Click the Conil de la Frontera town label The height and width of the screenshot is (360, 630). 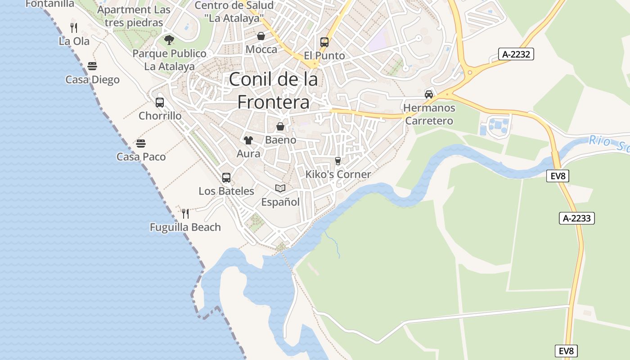tap(274, 91)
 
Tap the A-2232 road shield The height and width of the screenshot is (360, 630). tap(516, 54)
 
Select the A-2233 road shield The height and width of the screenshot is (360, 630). tap(576, 218)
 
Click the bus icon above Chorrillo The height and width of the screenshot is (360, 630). tap(160, 103)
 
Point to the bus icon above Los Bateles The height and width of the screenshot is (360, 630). tap(226, 178)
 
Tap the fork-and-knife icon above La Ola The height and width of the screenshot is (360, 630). tap(74, 28)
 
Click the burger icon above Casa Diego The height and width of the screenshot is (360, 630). tap(92, 67)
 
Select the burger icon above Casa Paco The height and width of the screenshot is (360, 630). tap(141, 144)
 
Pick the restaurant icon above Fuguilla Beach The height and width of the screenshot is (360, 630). tap(185, 213)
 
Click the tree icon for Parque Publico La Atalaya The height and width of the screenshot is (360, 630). tap(169, 40)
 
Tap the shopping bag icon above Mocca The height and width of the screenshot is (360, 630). tap(261, 36)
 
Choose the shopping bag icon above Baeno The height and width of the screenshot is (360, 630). tap(280, 126)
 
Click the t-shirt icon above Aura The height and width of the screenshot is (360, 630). tap(248, 140)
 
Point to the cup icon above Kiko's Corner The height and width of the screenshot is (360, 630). tap(338, 161)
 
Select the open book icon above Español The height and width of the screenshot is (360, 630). tap(280, 189)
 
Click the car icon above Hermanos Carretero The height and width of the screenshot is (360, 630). tap(429, 94)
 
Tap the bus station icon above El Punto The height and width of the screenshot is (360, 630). tap(324, 42)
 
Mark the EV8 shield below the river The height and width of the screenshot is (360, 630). tap(558, 176)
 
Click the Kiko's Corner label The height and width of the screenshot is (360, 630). tap(338, 174)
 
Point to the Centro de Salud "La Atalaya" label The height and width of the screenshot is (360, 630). tap(234, 12)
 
